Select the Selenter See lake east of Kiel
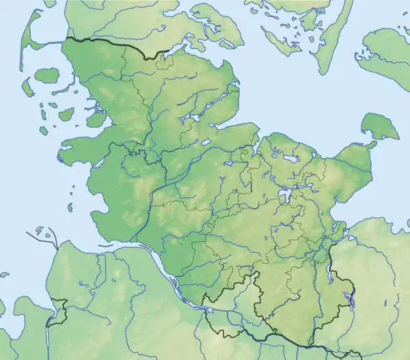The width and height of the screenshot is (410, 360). [x=290, y=159]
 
